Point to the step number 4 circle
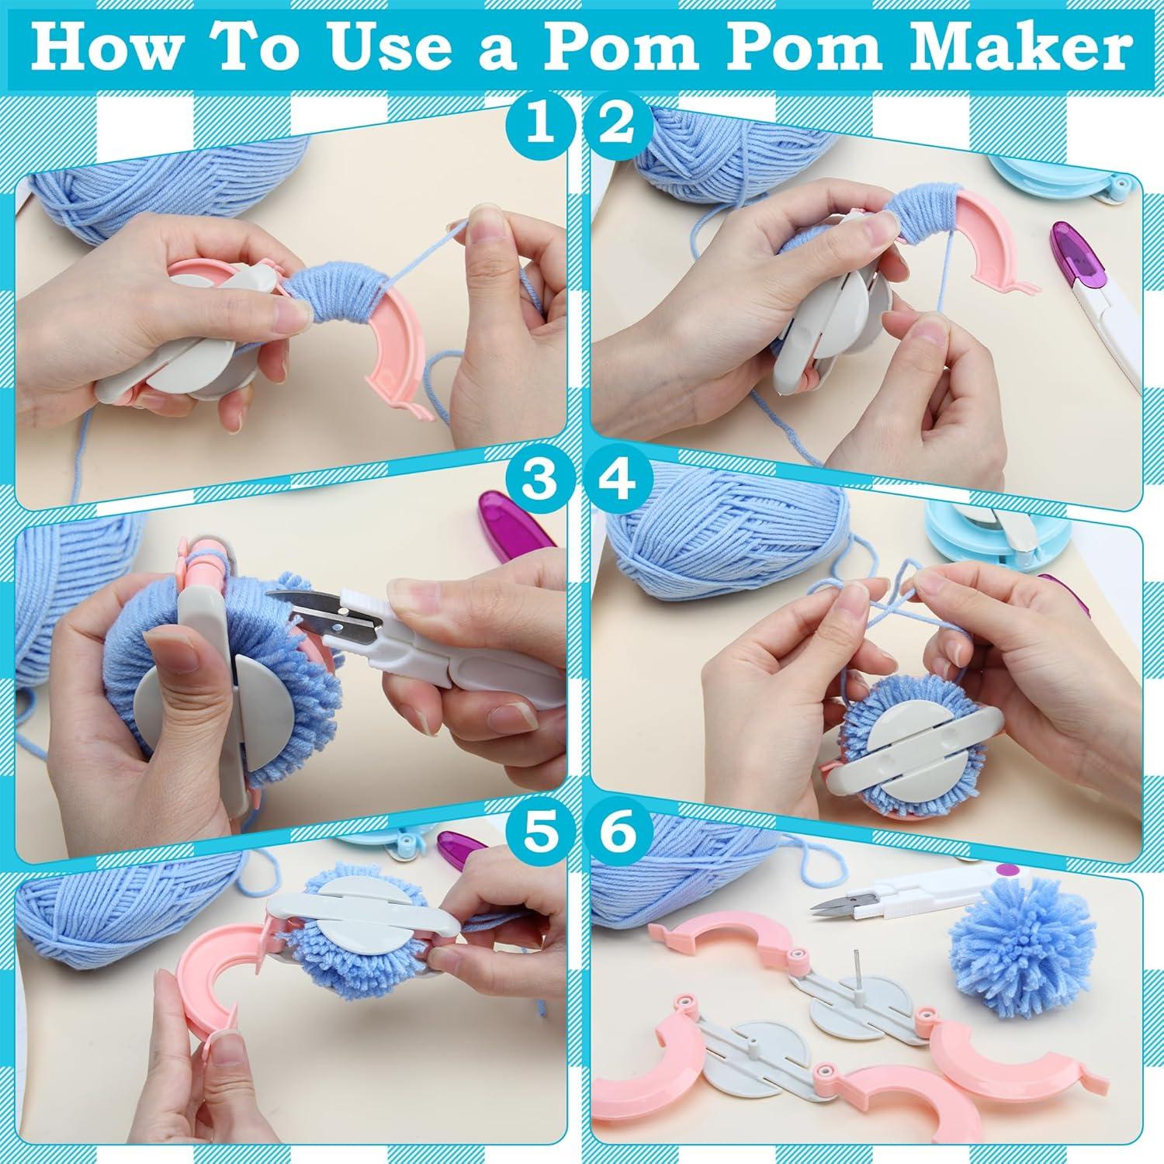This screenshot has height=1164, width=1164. coord(618,480)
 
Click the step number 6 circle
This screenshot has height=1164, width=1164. coord(618,834)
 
